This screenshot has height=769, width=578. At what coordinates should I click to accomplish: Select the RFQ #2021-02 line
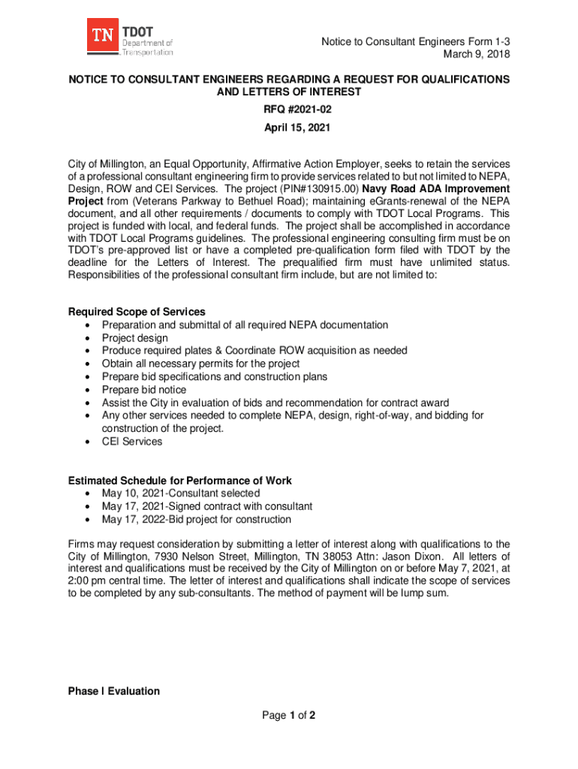click(x=289, y=110)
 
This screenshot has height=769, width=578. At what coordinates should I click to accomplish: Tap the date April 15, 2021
click(x=289, y=128)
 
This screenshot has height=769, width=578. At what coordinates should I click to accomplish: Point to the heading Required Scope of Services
click(x=137, y=312)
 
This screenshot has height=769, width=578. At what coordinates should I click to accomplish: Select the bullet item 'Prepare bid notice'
click(x=144, y=390)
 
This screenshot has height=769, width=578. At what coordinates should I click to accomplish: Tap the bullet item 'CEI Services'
click(x=132, y=442)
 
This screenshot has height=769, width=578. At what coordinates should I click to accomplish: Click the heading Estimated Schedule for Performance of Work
click(x=180, y=481)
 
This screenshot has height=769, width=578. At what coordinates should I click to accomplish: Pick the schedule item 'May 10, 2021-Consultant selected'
click(x=181, y=493)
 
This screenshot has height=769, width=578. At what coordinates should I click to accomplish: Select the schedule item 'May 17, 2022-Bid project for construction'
click(x=197, y=520)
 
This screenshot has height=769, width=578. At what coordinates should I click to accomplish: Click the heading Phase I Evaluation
click(x=114, y=691)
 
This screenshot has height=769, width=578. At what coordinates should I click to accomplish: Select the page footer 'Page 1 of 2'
click(x=289, y=716)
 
